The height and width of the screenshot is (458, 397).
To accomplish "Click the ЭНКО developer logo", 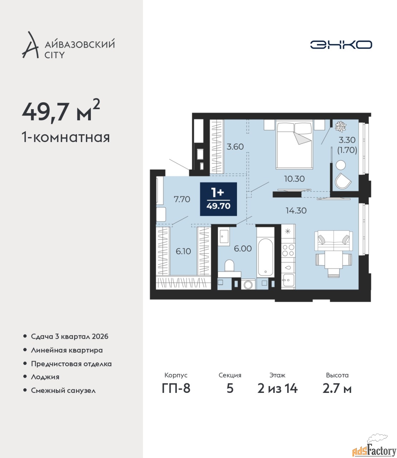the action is [x=341, y=44].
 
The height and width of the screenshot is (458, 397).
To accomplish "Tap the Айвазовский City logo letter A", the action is [x=30, y=45].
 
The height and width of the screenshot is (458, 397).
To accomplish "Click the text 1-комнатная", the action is [x=66, y=138].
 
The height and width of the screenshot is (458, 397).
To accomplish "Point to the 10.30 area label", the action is [x=294, y=179].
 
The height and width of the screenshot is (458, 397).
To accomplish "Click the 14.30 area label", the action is [x=296, y=210].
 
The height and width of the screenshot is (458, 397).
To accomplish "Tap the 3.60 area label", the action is [x=235, y=146].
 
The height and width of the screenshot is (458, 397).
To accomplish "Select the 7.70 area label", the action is [x=182, y=199].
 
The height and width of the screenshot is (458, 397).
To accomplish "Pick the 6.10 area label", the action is [x=183, y=251].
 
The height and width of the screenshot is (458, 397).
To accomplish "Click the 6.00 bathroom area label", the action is [x=243, y=249].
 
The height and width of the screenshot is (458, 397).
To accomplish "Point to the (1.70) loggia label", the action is [x=347, y=150].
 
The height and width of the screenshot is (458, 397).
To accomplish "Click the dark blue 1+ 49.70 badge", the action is [x=218, y=199].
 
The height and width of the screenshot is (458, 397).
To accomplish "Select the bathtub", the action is [x=265, y=257].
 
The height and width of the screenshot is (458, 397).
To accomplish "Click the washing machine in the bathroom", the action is [x=248, y=284].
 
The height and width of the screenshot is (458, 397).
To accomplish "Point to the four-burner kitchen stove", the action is [x=288, y=250].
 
